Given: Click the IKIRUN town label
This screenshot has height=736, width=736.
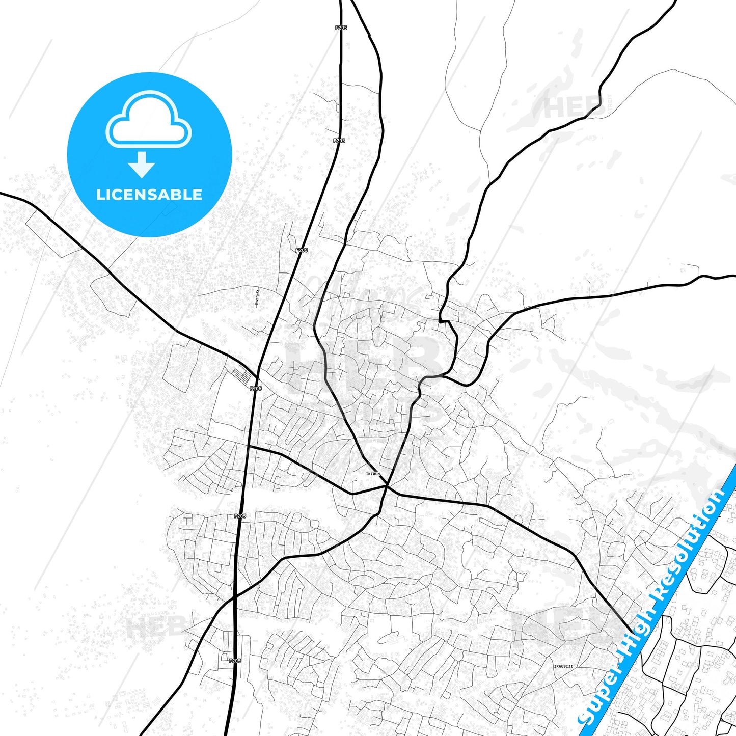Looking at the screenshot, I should [372, 474].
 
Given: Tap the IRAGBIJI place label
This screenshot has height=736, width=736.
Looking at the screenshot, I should [563, 666].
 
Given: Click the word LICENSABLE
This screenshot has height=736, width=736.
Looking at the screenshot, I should [149, 195].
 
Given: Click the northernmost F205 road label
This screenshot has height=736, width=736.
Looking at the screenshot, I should [341, 28].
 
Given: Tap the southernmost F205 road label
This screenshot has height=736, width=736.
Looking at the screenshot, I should [235, 661].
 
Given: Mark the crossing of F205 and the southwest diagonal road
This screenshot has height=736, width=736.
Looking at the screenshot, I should [234, 596].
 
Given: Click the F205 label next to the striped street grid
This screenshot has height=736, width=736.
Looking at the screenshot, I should [256, 388].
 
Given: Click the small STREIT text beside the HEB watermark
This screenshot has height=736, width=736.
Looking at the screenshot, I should [610, 104].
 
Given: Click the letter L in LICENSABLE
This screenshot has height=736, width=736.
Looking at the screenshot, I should [100, 195].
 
